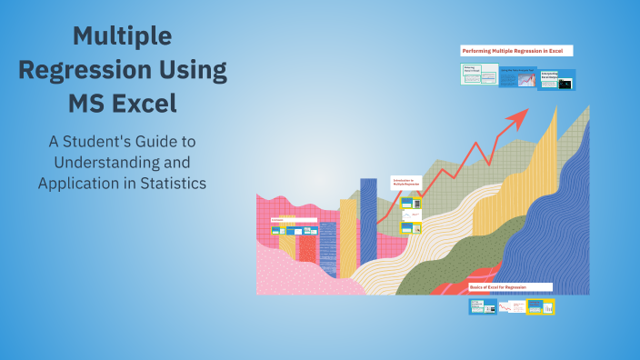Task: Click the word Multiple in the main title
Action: click(x=122, y=36)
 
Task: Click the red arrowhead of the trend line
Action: click(x=519, y=116)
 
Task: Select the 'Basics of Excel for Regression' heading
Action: click(x=510, y=286)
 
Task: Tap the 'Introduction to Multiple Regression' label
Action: click(x=406, y=182)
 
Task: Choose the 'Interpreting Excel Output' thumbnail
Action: click(x=556, y=80)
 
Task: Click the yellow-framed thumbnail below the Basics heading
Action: click(x=541, y=307)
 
